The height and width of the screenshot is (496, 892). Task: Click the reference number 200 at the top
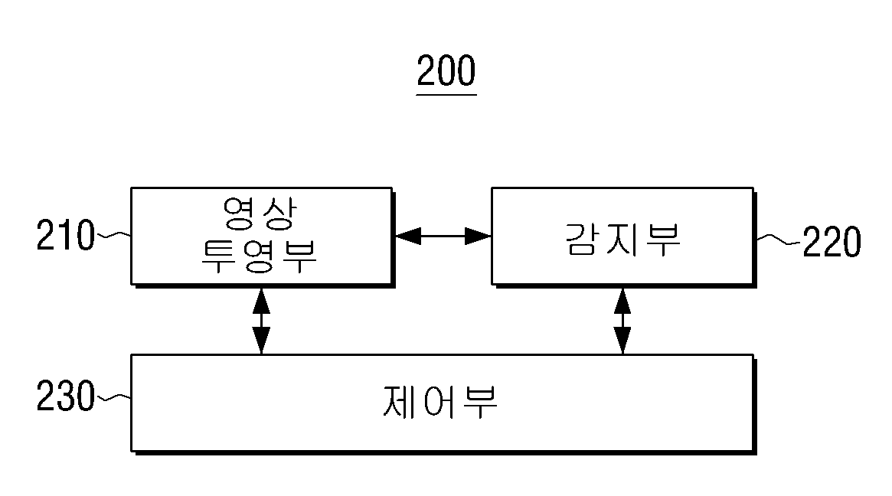click(x=446, y=70)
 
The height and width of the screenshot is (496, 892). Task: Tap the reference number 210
click(x=65, y=235)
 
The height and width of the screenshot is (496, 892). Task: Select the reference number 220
click(x=832, y=242)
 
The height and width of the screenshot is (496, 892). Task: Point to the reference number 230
click(x=65, y=396)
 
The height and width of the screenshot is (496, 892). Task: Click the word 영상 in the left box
click(x=260, y=214)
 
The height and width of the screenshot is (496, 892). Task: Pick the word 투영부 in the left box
click(x=259, y=256)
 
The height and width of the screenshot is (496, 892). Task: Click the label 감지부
click(x=623, y=240)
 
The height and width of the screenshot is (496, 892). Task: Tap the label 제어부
click(x=440, y=402)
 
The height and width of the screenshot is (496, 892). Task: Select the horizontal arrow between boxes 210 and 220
click(x=443, y=236)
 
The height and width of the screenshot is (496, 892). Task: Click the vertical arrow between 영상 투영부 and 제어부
click(x=261, y=321)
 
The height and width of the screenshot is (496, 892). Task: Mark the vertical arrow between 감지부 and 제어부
click(x=622, y=321)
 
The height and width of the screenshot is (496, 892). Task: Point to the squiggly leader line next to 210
click(x=113, y=234)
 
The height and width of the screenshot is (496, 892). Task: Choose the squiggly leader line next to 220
click(x=779, y=240)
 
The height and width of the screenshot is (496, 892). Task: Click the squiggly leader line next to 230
click(x=113, y=397)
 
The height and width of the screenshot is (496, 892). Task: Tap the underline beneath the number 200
click(x=446, y=94)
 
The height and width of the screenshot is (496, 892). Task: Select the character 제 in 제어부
click(x=400, y=402)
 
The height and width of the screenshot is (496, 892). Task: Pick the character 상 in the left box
click(x=279, y=214)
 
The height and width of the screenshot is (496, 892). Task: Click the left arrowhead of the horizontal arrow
click(x=407, y=236)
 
